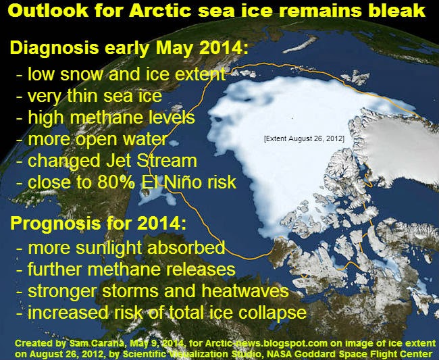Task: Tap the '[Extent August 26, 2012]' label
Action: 304,138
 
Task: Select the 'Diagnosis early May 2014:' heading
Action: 129,48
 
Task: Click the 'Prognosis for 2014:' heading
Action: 99,224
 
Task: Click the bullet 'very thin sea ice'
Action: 89,96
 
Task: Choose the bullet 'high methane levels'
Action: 105,118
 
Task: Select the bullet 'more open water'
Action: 92,139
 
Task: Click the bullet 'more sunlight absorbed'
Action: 121,248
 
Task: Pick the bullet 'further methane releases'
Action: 126,269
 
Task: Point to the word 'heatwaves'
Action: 245,290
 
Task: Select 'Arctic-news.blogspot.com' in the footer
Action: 266,343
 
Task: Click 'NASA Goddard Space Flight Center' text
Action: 350,354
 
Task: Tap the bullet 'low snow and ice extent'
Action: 121,74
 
